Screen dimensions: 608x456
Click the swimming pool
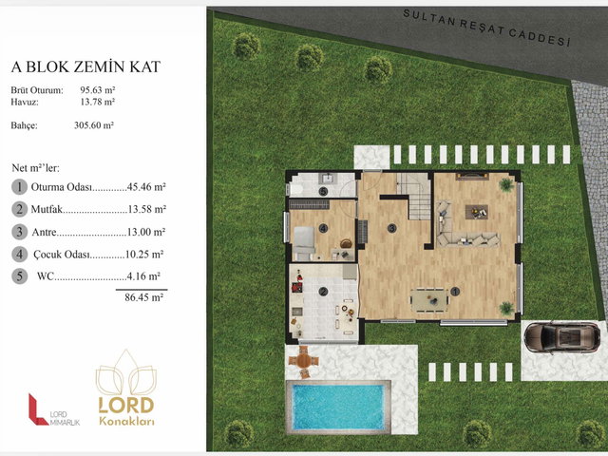338,407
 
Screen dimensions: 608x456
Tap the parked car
561,337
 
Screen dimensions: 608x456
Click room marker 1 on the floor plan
455,292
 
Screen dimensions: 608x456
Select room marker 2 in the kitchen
323,292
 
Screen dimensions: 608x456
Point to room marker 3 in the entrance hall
391,228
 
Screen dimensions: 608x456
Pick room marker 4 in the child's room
323,228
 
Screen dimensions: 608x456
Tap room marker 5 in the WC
323,191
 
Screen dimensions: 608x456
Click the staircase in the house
414,196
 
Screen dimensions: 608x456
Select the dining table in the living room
429,299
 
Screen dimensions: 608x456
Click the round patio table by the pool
304,361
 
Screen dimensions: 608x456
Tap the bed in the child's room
304,243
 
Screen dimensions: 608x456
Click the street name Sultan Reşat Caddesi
487,28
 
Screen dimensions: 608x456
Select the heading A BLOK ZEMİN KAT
85,66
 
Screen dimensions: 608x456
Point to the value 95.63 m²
98,90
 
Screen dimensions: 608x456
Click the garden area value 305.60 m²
94,125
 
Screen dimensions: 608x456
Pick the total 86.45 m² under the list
143,297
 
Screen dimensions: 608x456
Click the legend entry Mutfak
47,209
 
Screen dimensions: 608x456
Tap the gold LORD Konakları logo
126,388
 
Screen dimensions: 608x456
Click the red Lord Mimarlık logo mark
37,409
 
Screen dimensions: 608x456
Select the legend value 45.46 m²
146,187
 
